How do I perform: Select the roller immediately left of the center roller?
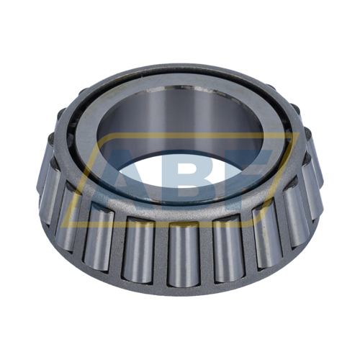tap(138, 245)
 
